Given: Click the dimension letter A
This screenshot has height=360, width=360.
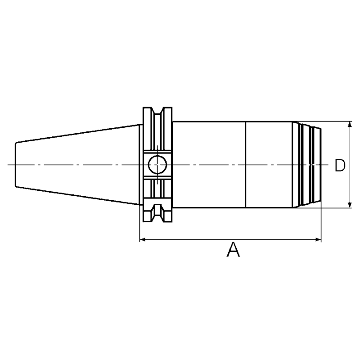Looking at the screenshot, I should [233, 250].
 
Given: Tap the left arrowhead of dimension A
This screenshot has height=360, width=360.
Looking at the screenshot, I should [143, 240].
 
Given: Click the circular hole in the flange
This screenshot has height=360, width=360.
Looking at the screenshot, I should [157, 165].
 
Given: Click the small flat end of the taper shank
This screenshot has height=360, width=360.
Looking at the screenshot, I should [16, 165].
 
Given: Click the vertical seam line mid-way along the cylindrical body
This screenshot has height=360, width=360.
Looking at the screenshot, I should [246, 165].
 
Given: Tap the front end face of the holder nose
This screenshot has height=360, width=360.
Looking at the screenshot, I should [321, 165].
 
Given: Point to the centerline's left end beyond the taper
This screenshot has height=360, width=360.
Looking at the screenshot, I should [10, 165].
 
